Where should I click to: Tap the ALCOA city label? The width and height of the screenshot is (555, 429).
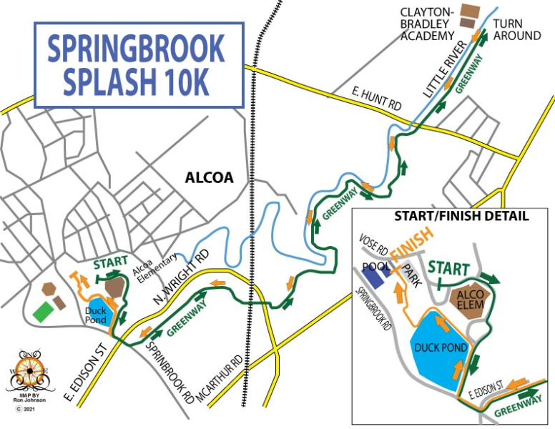tap(209, 177)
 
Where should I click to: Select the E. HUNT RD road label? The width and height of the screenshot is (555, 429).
tap(377, 99)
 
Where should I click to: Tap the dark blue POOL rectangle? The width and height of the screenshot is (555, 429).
tap(376, 270)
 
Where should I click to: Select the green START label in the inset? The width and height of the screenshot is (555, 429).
tap(448, 268)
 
